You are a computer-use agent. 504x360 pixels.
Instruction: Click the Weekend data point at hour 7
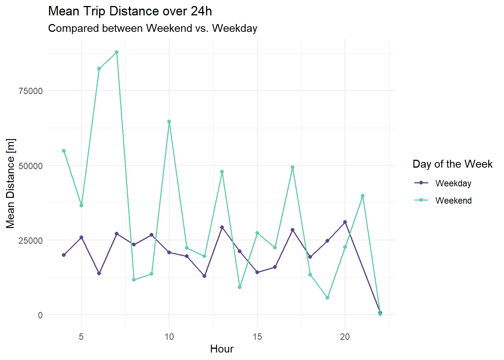[x=117, y=52]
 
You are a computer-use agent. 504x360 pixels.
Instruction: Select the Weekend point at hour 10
[x=169, y=121]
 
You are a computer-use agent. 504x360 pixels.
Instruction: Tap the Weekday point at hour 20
[x=345, y=222]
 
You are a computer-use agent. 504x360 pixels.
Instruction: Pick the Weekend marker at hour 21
[x=363, y=196]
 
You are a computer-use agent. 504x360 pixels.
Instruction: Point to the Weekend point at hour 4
[x=64, y=151]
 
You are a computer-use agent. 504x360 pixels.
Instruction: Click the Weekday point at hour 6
[x=99, y=273]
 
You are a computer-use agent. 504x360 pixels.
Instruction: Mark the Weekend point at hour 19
[x=327, y=298]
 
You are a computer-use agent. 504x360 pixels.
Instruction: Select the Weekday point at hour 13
[x=222, y=227]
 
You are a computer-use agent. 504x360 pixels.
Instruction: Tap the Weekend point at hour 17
[x=292, y=167]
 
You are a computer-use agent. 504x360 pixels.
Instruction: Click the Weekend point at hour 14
[x=240, y=287]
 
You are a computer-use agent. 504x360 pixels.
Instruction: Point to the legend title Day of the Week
[x=452, y=164]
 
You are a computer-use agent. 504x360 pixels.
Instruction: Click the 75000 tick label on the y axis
[x=30, y=91]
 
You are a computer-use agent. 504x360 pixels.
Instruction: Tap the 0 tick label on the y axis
[x=40, y=315]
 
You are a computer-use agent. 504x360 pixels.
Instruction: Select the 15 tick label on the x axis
[x=257, y=337]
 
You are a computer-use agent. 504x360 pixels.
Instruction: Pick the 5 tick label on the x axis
[x=81, y=337]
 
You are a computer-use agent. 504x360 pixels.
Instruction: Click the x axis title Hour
[x=222, y=349]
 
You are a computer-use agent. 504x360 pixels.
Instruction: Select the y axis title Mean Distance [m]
[x=10, y=183]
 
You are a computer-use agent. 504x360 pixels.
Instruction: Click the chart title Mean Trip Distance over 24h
[x=130, y=11]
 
